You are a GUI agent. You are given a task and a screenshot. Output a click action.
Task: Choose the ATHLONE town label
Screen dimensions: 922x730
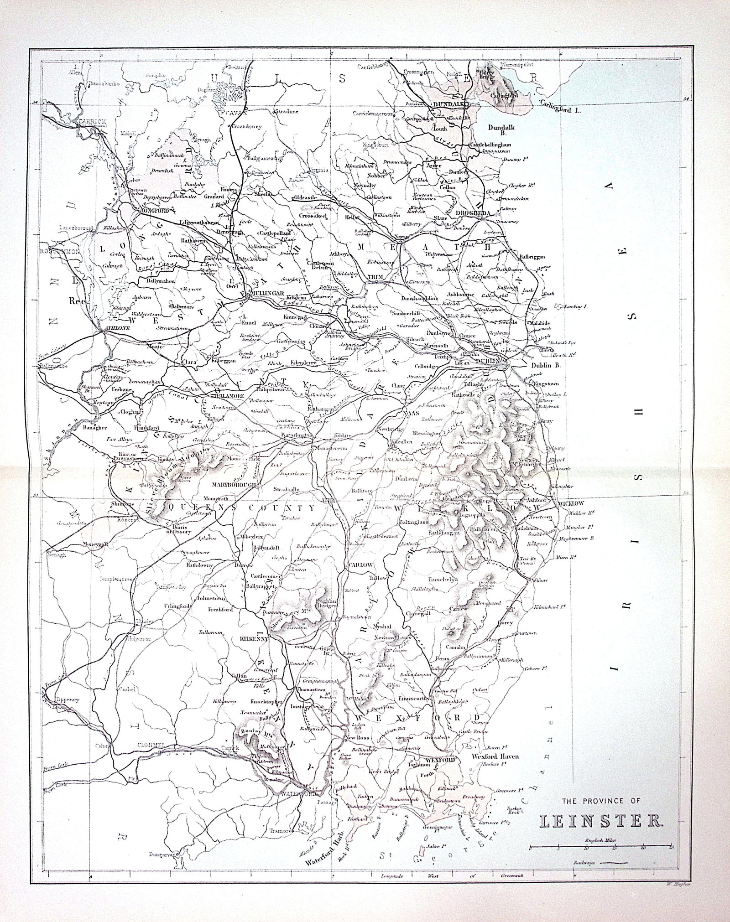point(115,328)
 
